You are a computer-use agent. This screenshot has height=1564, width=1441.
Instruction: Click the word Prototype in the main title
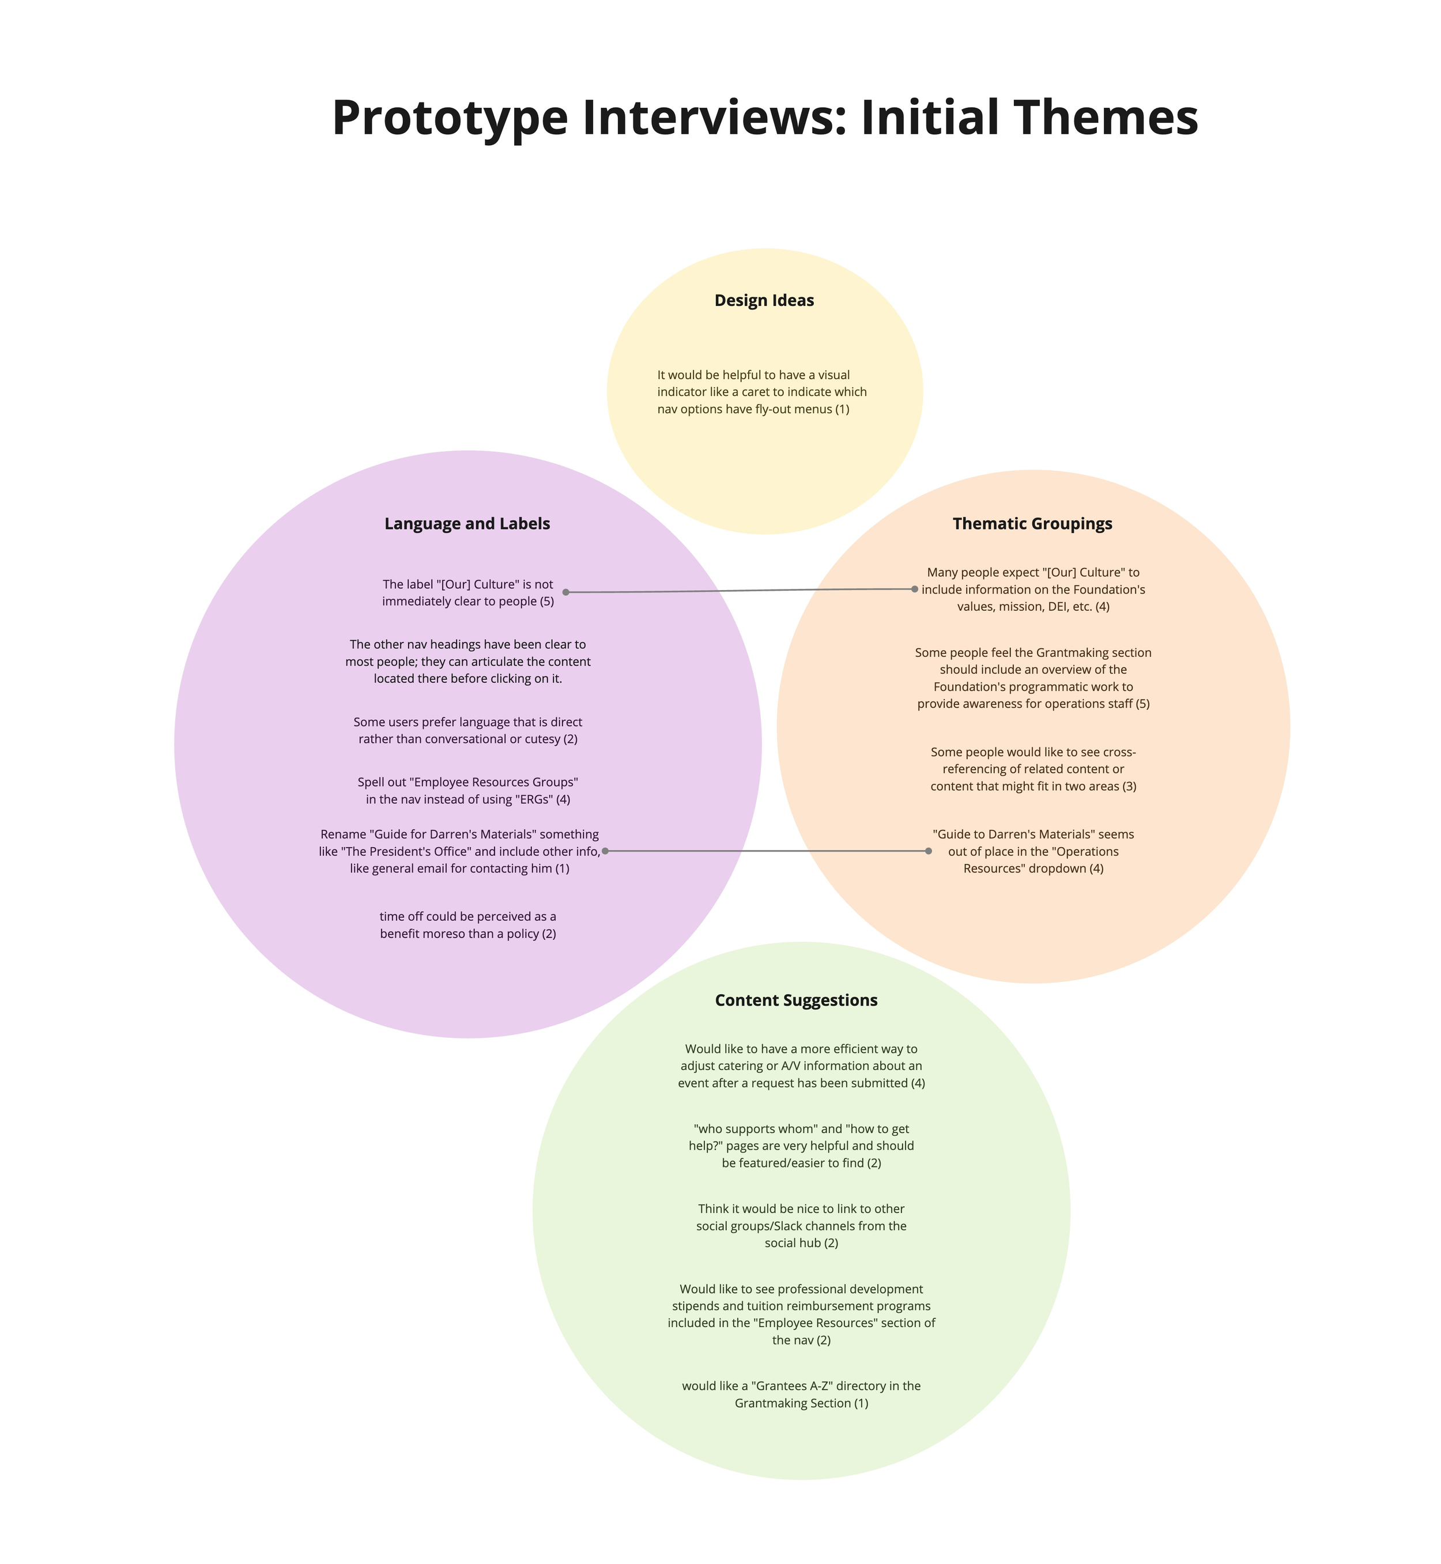(x=450, y=119)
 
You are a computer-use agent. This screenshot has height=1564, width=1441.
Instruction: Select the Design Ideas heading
(x=764, y=301)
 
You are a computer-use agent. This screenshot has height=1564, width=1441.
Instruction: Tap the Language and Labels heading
(x=467, y=524)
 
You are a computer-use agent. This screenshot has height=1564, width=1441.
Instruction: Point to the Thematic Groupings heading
(x=1032, y=524)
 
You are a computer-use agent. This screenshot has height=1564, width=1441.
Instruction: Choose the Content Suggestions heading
(x=796, y=1000)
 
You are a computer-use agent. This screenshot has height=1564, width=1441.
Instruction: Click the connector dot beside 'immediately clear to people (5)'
(x=566, y=592)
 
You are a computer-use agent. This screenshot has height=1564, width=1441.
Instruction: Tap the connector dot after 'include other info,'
(x=605, y=851)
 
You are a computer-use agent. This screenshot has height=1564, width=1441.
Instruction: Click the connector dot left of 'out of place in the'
(x=929, y=851)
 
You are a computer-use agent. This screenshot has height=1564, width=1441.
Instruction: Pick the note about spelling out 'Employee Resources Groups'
(x=468, y=791)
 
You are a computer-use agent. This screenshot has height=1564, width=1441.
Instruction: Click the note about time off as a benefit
(x=468, y=925)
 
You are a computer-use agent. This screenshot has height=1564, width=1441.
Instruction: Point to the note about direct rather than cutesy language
(x=468, y=731)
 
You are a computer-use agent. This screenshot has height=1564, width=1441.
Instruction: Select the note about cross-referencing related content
(x=1033, y=769)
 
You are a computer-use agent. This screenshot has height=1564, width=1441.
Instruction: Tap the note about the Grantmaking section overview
(x=1033, y=678)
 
